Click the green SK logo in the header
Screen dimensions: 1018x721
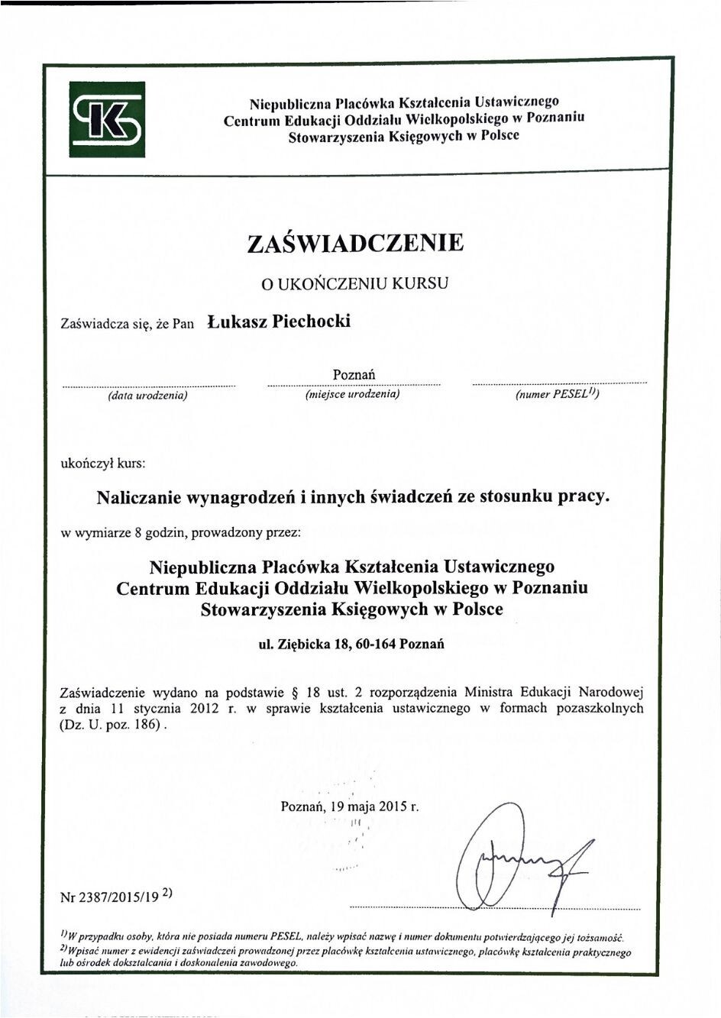(x=107, y=119)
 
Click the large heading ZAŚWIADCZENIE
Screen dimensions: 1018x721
(x=355, y=243)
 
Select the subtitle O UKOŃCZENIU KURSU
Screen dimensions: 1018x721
(x=354, y=283)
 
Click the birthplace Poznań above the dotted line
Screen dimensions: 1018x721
(x=354, y=375)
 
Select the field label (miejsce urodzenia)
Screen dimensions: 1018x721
(x=352, y=395)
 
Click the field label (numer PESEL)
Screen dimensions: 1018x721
(x=558, y=395)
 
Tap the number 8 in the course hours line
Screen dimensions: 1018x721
(x=137, y=533)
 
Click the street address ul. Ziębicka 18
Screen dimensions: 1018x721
(x=304, y=643)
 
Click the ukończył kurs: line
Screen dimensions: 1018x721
(x=102, y=463)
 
